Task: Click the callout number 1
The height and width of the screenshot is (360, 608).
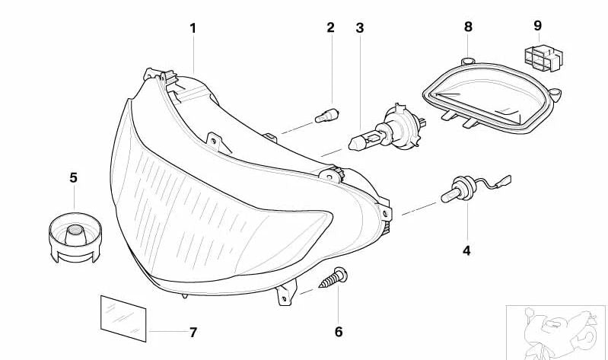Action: (193, 28)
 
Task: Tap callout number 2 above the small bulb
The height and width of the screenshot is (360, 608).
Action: (330, 27)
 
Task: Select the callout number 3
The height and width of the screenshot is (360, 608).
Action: (360, 28)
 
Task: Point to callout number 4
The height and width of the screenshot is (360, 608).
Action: (466, 250)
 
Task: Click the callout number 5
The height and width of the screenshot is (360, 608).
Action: (73, 177)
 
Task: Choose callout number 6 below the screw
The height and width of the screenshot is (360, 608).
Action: (339, 332)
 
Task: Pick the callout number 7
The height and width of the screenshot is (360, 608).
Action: (193, 332)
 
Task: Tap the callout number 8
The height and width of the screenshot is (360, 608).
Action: (468, 27)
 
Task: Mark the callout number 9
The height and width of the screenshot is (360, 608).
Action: (537, 26)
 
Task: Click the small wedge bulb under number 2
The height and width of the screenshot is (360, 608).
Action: (328, 116)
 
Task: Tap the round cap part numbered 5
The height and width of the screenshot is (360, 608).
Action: (75, 237)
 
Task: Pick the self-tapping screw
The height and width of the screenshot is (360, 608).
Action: (333, 278)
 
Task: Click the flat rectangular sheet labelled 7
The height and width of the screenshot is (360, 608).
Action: (123, 319)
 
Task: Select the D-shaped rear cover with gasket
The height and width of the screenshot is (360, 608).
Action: (492, 96)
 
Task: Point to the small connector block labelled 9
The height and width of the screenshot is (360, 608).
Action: (543, 58)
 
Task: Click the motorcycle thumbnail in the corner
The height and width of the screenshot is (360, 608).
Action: (557, 333)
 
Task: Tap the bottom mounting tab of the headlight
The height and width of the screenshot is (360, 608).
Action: (287, 293)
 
